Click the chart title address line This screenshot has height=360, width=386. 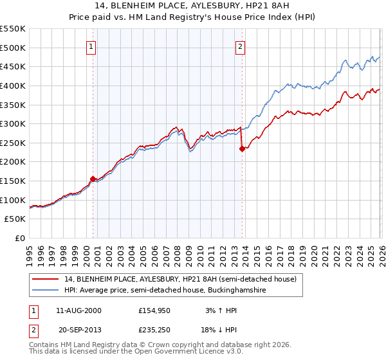coord(193,6)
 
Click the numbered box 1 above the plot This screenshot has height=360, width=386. coord(92,46)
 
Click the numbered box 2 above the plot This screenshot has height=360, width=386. coord(240,46)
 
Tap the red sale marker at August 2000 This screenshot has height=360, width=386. coord(93,179)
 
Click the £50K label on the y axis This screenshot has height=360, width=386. coord(15,219)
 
